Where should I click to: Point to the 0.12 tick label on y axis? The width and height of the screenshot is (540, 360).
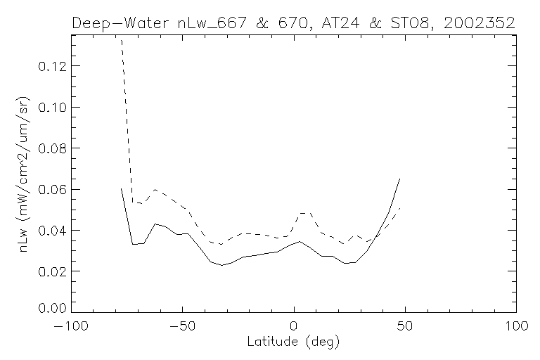click(x=52, y=66)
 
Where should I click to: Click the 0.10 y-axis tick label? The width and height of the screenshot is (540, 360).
click(x=52, y=107)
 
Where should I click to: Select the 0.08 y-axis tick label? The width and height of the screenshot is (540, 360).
click(x=52, y=148)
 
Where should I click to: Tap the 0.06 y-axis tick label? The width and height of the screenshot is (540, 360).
click(x=52, y=189)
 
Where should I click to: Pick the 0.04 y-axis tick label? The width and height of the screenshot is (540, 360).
click(x=52, y=230)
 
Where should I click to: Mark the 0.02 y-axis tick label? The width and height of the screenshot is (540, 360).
click(x=52, y=271)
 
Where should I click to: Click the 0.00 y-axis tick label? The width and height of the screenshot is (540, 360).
click(x=52, y=308)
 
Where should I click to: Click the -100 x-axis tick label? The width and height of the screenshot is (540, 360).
click(x=71, y=326)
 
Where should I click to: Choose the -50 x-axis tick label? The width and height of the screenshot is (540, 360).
click(x=182, y=326)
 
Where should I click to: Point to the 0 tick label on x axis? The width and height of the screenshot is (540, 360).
click(x=294, y=326)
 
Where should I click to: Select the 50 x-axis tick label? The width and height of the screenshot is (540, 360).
click(x=405, y=326)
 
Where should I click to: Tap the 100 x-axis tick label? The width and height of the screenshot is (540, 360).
click(x=516, y=326)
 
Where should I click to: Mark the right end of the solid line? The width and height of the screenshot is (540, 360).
click(x=399, y=179)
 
